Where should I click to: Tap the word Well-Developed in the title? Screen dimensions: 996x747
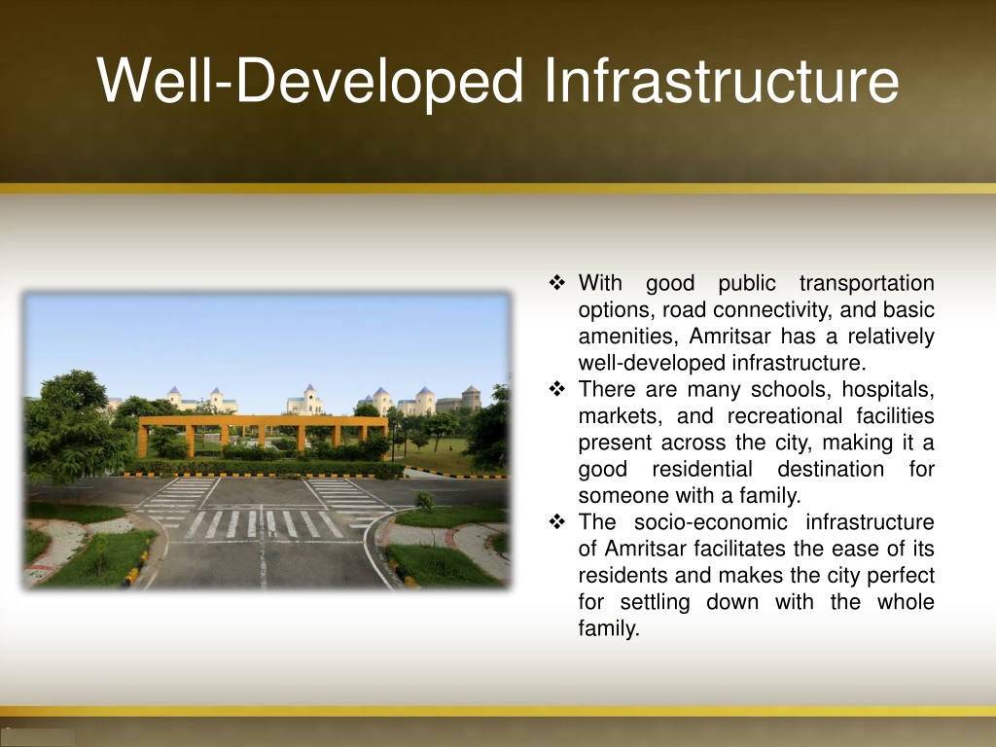click(x=310, y=82)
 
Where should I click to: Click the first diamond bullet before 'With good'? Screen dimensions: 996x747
click(x=557, y=282)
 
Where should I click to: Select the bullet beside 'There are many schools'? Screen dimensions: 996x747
click(x=557, y=388)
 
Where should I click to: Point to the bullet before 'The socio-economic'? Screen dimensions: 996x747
click(x=557, y=521)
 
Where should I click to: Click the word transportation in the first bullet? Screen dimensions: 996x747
click(x=867, y=283)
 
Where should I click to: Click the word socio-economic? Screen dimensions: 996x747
click(x=710, y=522)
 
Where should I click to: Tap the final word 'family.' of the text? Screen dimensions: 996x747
click(x=609, y=629)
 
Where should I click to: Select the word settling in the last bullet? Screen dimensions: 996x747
click(x=655, y=602)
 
